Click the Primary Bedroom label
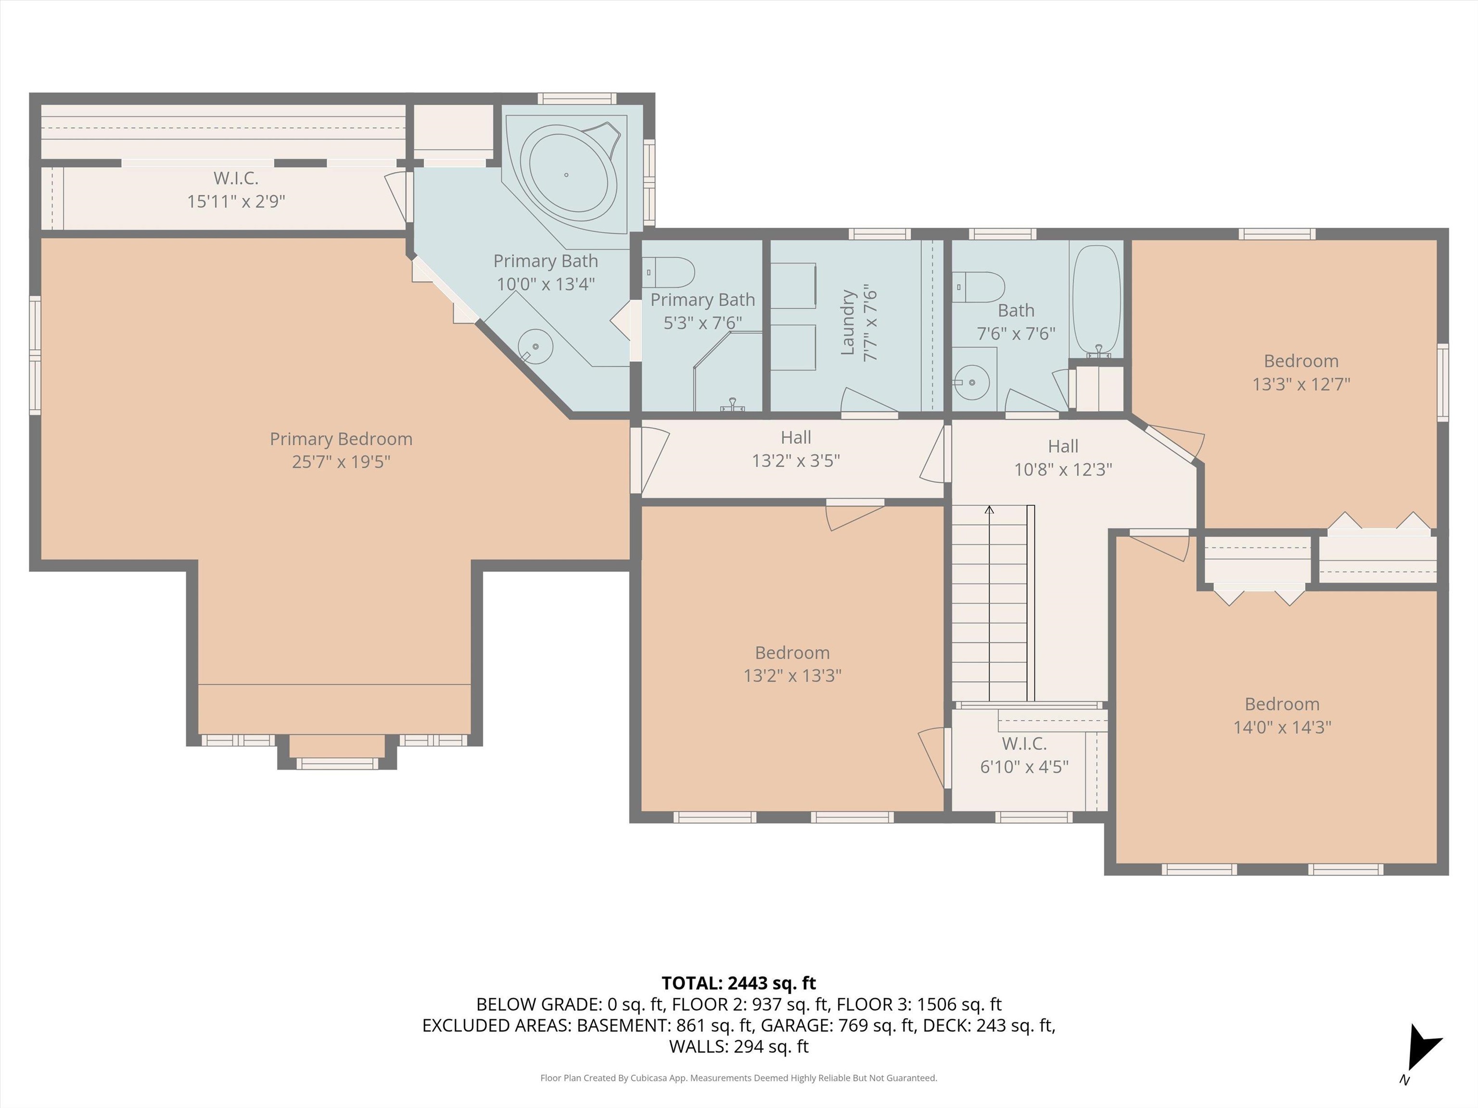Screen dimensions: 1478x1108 click(341, 450)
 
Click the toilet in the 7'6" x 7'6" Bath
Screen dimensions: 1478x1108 click(978, 287)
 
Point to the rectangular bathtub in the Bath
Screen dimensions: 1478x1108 click(1096, 301)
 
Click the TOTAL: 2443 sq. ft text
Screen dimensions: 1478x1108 click(739, 983)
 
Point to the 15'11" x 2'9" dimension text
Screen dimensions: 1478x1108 click(236, 201)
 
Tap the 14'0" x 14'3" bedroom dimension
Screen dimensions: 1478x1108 click(1282, 727)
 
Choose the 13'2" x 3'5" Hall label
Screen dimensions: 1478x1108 click(796, 449)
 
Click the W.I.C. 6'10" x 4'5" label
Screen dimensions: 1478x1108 click(1024, 755)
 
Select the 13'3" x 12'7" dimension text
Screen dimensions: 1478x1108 click(1301, 384)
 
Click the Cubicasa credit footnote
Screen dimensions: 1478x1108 click(739, 1077)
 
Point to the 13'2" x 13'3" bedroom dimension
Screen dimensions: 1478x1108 click(792, 675)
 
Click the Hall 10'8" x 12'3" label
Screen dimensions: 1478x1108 click(1063, 457)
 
